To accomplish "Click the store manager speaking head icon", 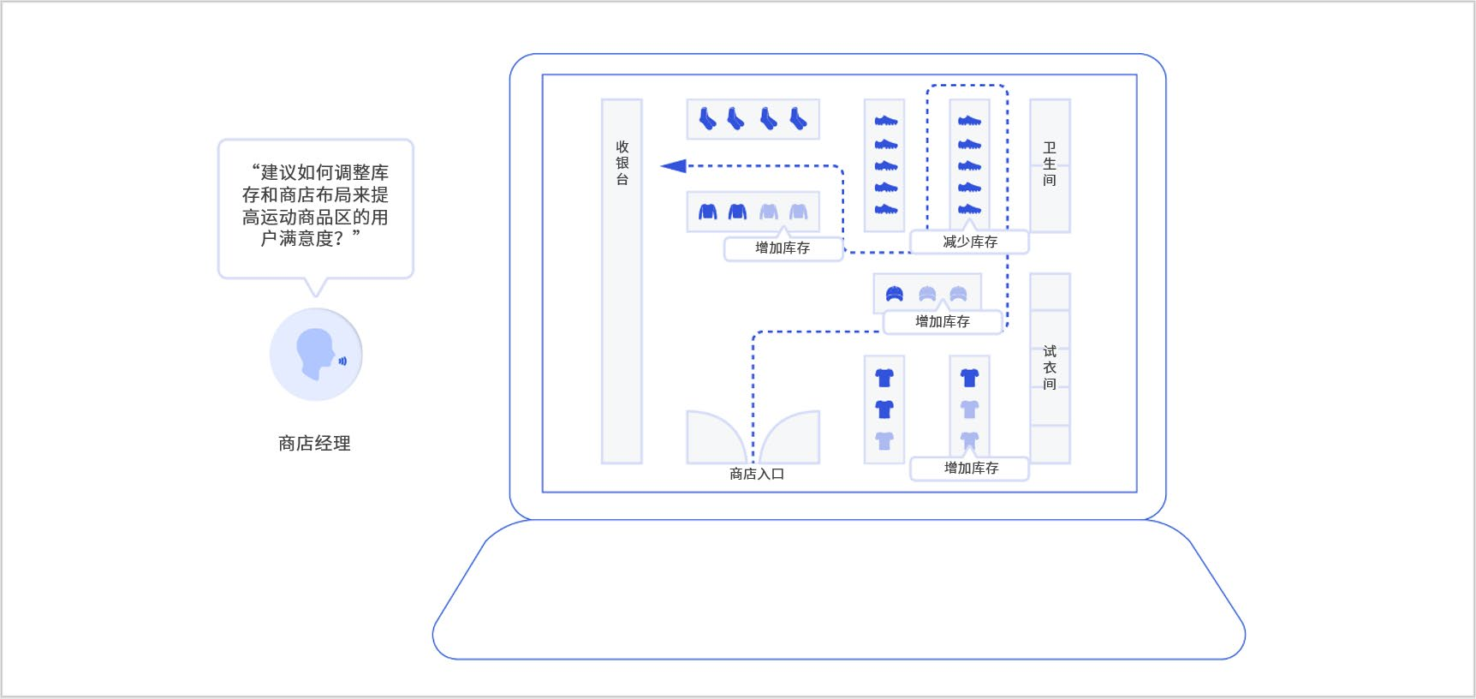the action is click(x=316, y=354).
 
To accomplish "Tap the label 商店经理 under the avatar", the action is click(x=314, y=443).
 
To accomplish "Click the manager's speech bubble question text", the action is click(x=315, y=206).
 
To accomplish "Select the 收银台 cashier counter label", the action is click(x=622, y=163).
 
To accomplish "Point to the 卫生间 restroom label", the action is click(x=1050, y=164).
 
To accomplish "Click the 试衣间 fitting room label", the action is click(x=1050, y=367).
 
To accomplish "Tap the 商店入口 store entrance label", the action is click(x=757, y=474).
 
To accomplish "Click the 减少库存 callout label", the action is click(x=970, y=242).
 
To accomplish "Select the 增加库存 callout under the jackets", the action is click(x=783, y=248).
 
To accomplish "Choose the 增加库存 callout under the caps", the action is click(x=943, y=322).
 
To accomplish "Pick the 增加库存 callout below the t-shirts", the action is click(x=971, y=469).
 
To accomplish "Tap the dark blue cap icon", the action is click(x=895, y=294).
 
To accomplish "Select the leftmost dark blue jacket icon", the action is click(x=707, y=212).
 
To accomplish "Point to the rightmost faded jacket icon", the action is click(x=798, y=212).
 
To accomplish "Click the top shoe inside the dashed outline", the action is click(x=969, y=121).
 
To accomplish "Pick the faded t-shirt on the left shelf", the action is click(x=884, y=441).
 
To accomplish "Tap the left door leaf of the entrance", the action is click(x=716, y=437).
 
